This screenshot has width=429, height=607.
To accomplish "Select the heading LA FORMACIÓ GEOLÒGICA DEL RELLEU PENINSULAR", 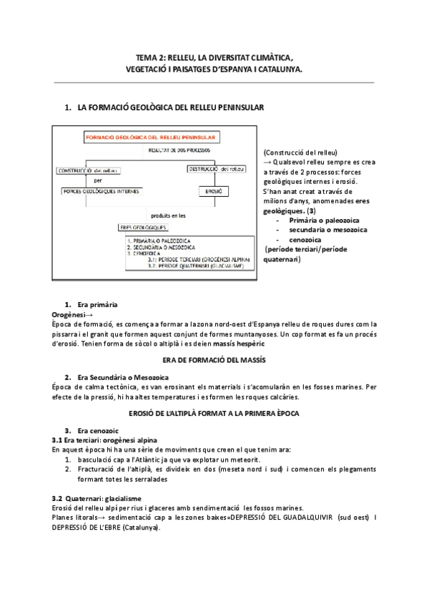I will (171, 107).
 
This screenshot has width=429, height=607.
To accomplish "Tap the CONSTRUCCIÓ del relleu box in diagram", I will (89, 170).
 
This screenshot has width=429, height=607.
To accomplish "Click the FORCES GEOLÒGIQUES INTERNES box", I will (102, 191).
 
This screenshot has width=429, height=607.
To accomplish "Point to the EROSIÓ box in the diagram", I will (212, 191).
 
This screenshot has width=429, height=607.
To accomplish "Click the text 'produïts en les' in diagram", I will (167, 214).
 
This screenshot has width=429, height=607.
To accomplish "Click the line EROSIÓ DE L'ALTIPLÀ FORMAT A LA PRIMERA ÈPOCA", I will (214, 414).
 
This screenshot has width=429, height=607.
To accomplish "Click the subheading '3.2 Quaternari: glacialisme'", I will (96, 497).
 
